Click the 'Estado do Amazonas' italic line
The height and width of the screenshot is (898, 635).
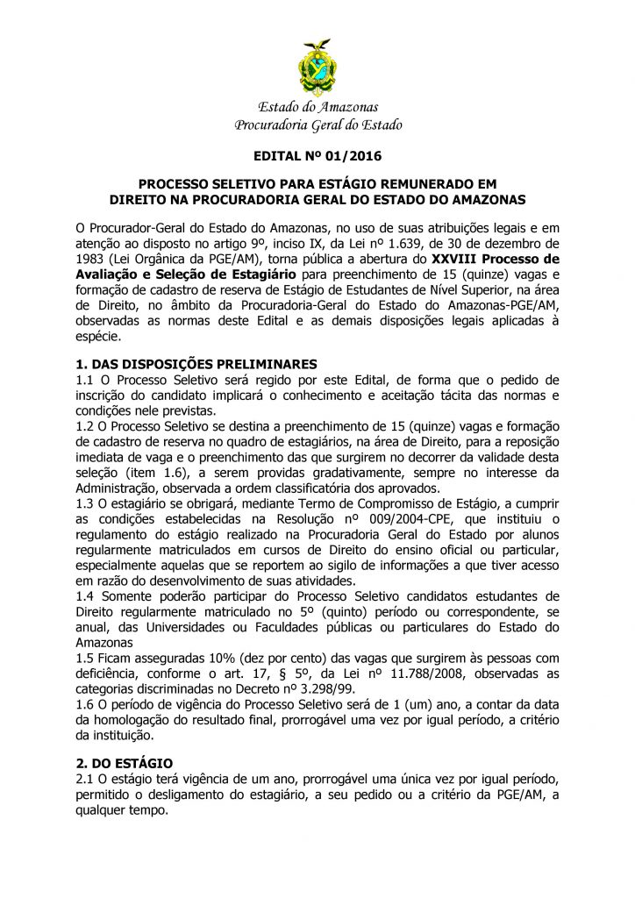click(x=317, y=108)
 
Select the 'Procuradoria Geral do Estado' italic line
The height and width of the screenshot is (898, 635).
click(x=317, y=125)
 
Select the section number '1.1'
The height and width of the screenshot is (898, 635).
click(x=86, y=379)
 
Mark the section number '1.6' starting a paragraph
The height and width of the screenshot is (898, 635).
click(x=86, y=703)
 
